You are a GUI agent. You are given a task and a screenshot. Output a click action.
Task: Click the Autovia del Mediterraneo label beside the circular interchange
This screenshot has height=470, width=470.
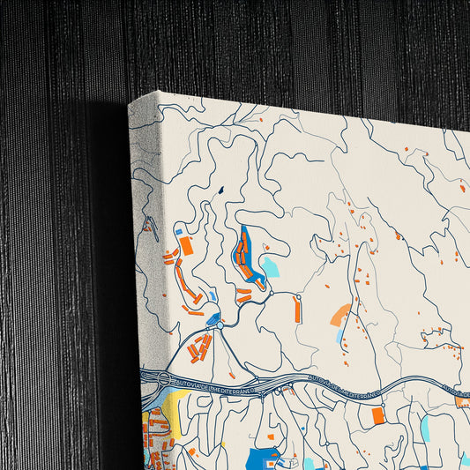(x=211, y=380)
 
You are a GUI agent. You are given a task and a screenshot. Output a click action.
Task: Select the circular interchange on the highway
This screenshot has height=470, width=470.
(x=163, y=379)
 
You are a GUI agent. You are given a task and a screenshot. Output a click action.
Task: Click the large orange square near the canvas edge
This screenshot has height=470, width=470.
(x=186, y=245)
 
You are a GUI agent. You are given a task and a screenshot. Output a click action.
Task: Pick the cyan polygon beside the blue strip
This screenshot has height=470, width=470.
(x=269, y=266)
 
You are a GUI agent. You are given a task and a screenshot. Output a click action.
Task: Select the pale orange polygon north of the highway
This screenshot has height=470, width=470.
(x=339, y=313)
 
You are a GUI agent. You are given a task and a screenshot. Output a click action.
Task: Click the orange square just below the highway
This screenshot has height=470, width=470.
(x=378, y=415)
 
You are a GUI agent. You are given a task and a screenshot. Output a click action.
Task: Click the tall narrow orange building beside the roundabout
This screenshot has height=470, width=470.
(x=297, y=308)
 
